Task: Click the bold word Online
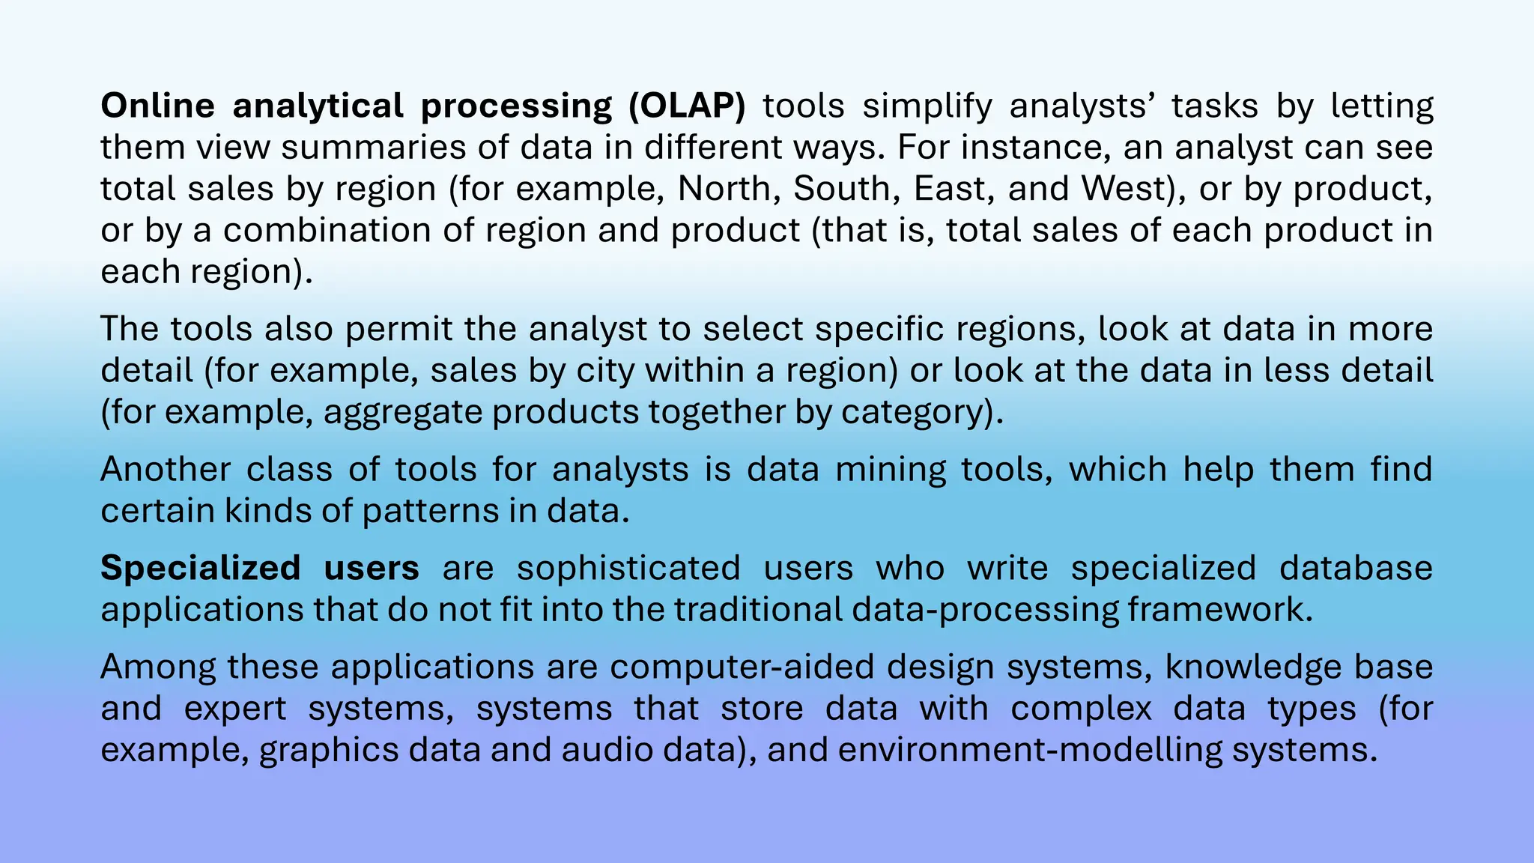coord(157,106)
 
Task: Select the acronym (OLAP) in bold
coord(687,106)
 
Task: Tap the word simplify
coord(927,106)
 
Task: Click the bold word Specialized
coord(201,568)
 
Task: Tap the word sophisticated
coord(628,568)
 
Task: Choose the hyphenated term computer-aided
coord(742,667)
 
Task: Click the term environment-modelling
coord(1030,750)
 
